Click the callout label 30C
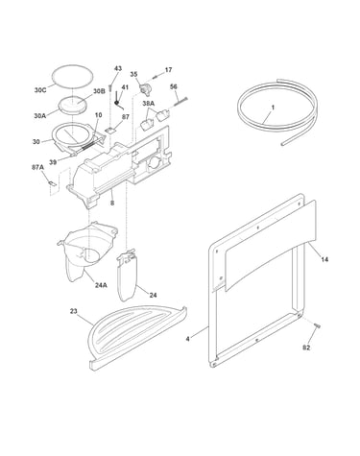[x=40, y=90]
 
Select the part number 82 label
[x=306, y=348]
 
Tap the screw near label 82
[x=317, y=325]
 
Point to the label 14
[x=324, y=259]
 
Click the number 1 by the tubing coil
[x=273, y=108]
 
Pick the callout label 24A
[x=101, y=285]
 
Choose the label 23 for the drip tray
[x=74, y=311]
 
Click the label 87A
[x=37, y=167]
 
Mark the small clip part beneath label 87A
[x=52, y=183]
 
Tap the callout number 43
[x=118, y=68]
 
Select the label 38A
[x=148, y=104]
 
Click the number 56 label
[x=174, y=86]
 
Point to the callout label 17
[x=168, y=70]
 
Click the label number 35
[x=133, y=74]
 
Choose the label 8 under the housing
[x=112, y=203]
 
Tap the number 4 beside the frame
[x=187, y=339]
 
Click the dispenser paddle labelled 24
[x=128, y=276]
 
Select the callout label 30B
[x=99, y=91]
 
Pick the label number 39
[x=53, y=162]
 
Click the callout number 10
[x=99, y=115]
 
